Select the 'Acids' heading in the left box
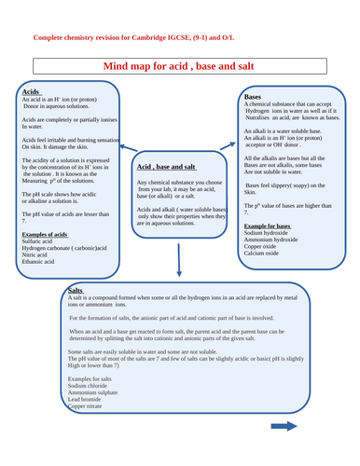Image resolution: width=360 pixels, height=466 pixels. coord(30,93)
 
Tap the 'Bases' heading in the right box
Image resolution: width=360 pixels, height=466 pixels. coord(252,97)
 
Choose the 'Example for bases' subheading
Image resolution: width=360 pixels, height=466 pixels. coord(268,226)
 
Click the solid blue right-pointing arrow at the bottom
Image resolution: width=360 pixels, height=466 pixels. coord(284,426)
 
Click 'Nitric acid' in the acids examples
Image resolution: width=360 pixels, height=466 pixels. coord(38,255)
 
